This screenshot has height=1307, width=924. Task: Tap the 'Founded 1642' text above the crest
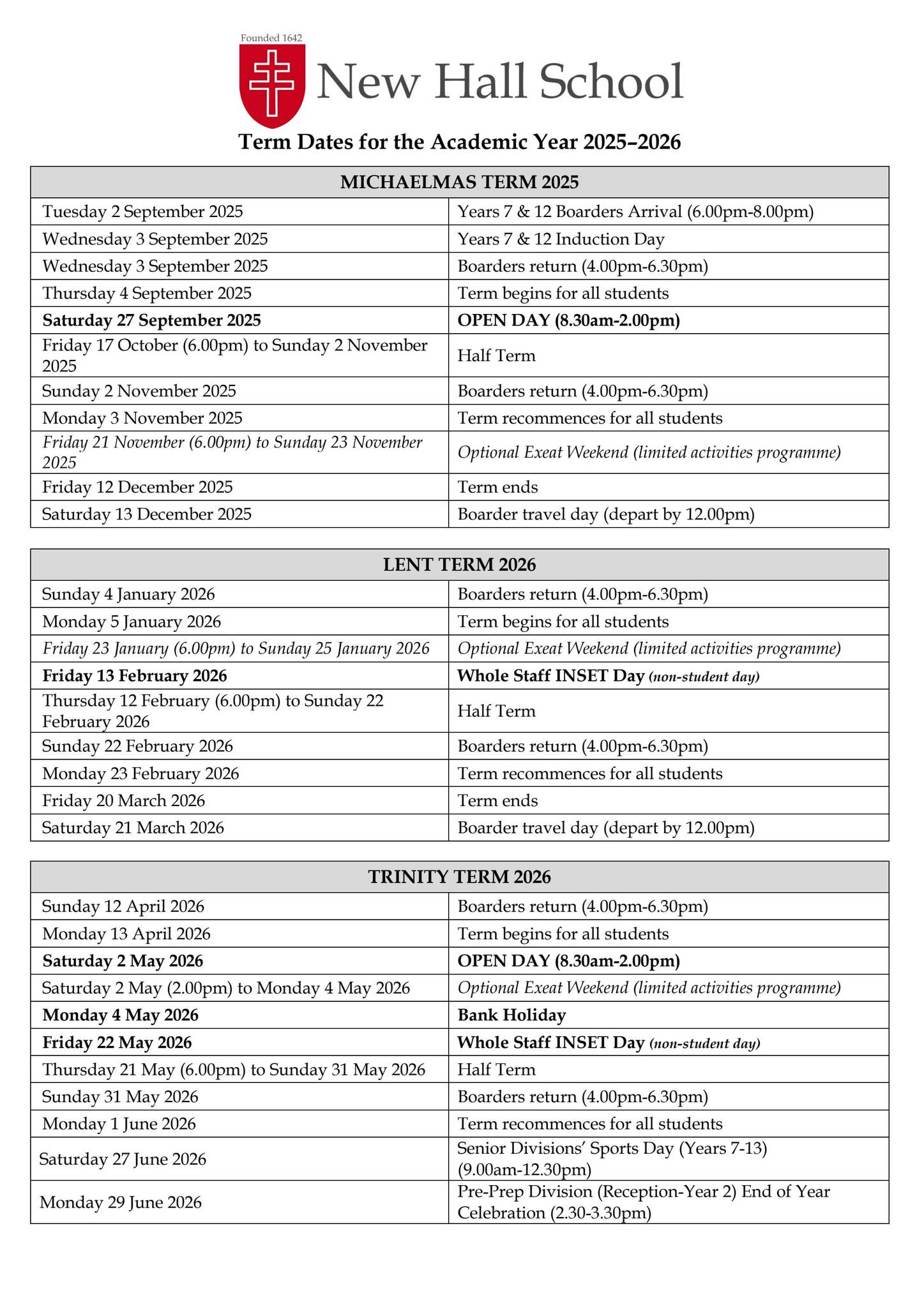271,38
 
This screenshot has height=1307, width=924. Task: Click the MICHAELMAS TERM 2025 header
459,183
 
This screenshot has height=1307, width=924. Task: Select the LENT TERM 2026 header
459,565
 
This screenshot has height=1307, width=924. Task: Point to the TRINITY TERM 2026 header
459,877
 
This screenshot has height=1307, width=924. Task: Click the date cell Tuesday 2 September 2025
142,212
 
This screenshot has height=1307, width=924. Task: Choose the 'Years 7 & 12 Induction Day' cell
561,239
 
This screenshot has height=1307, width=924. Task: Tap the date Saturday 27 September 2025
151,320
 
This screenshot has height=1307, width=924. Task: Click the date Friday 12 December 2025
137,488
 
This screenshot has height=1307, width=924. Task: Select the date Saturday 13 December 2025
147,514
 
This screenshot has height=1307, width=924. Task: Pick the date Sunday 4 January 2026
128,595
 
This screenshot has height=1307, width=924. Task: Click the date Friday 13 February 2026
135,676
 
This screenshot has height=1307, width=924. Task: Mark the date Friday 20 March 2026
124,801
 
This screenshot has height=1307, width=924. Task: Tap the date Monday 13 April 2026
126,934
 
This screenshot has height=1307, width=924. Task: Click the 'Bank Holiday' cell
511,1015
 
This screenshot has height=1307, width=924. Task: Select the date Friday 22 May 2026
117,1043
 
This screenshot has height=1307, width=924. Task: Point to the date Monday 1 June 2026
119,1124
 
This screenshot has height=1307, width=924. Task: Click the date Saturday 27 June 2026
123,1159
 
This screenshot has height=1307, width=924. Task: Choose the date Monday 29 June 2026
121,1202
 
